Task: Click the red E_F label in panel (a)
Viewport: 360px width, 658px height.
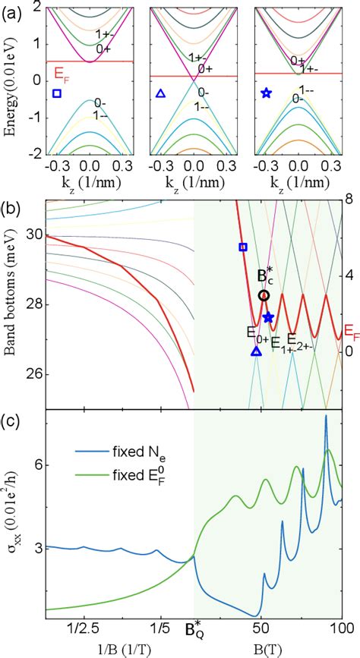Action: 60,74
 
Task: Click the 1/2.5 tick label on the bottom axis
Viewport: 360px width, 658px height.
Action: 81,628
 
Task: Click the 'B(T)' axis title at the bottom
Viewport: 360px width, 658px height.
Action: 269,648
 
